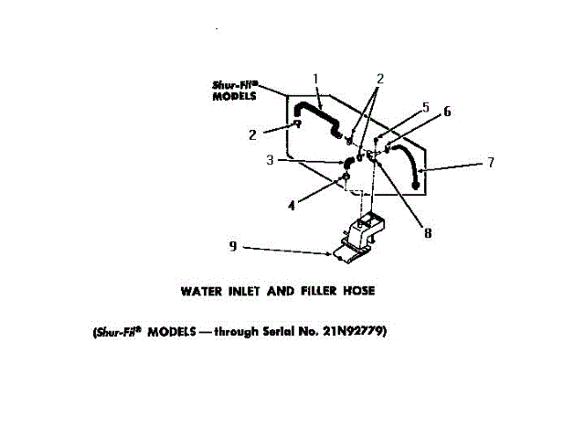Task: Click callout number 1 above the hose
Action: click(315, 78)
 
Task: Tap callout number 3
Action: click(271, 160)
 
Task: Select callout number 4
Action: click(292, 206)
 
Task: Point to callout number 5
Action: click(425, 107)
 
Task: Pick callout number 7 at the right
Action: click(491, 163)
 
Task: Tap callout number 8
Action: click(428, 233)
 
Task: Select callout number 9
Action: click(232, 245)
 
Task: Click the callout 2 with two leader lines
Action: click(380, 78)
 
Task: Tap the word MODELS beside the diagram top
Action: click(234, 95)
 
